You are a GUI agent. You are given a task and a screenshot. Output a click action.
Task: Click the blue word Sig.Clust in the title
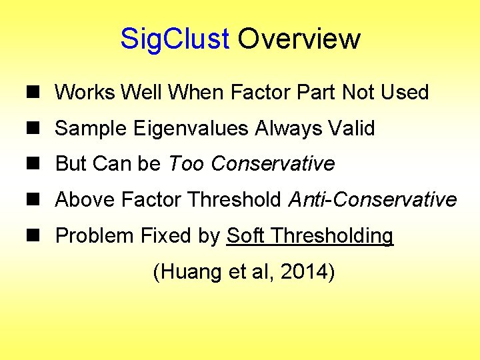coord(175,39)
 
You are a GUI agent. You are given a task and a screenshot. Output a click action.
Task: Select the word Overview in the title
coord(299,39)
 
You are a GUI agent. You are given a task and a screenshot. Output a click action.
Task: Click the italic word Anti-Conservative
coord(373,199)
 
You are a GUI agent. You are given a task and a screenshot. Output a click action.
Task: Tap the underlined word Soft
coord(247,236)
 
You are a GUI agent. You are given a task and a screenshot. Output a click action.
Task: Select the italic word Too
coord(185,163)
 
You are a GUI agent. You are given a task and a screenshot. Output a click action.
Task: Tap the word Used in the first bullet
coord(404,92)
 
